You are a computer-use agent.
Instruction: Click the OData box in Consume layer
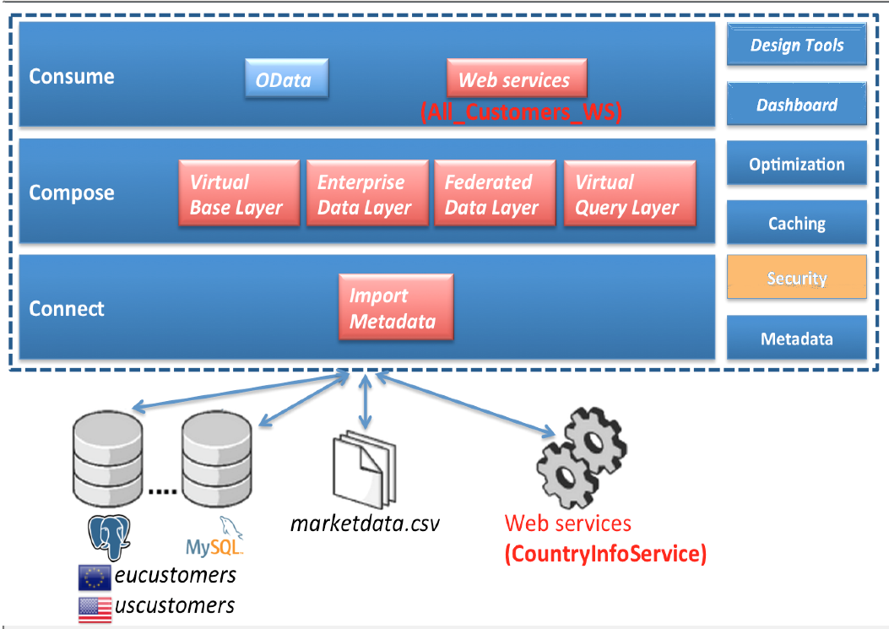(x=286, y=79)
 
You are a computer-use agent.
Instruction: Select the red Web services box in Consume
(x=516, y=79)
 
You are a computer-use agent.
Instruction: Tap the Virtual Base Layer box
(x=239, y=194)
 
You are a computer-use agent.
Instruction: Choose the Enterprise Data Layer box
(x=366, y=194)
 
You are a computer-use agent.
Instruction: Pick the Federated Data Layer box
(x=494, y=194)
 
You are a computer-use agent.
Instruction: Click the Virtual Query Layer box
(x=629, y=194)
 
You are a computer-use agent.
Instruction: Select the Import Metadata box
(x=395, y=308)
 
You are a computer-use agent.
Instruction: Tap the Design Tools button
(x=796, y=46)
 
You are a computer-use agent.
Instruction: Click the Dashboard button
(x=796, y=105)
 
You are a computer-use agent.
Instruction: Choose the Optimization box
(x=796, y=164)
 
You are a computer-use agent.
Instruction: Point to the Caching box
(x=796, y=223)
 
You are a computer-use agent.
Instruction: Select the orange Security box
(x=796, y=278)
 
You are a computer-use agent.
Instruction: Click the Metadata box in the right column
(x=796, y=339)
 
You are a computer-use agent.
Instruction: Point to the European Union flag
(x=94, y=577)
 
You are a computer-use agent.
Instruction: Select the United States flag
(x=94, y=607)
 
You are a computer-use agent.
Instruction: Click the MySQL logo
(x=214, y=538)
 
